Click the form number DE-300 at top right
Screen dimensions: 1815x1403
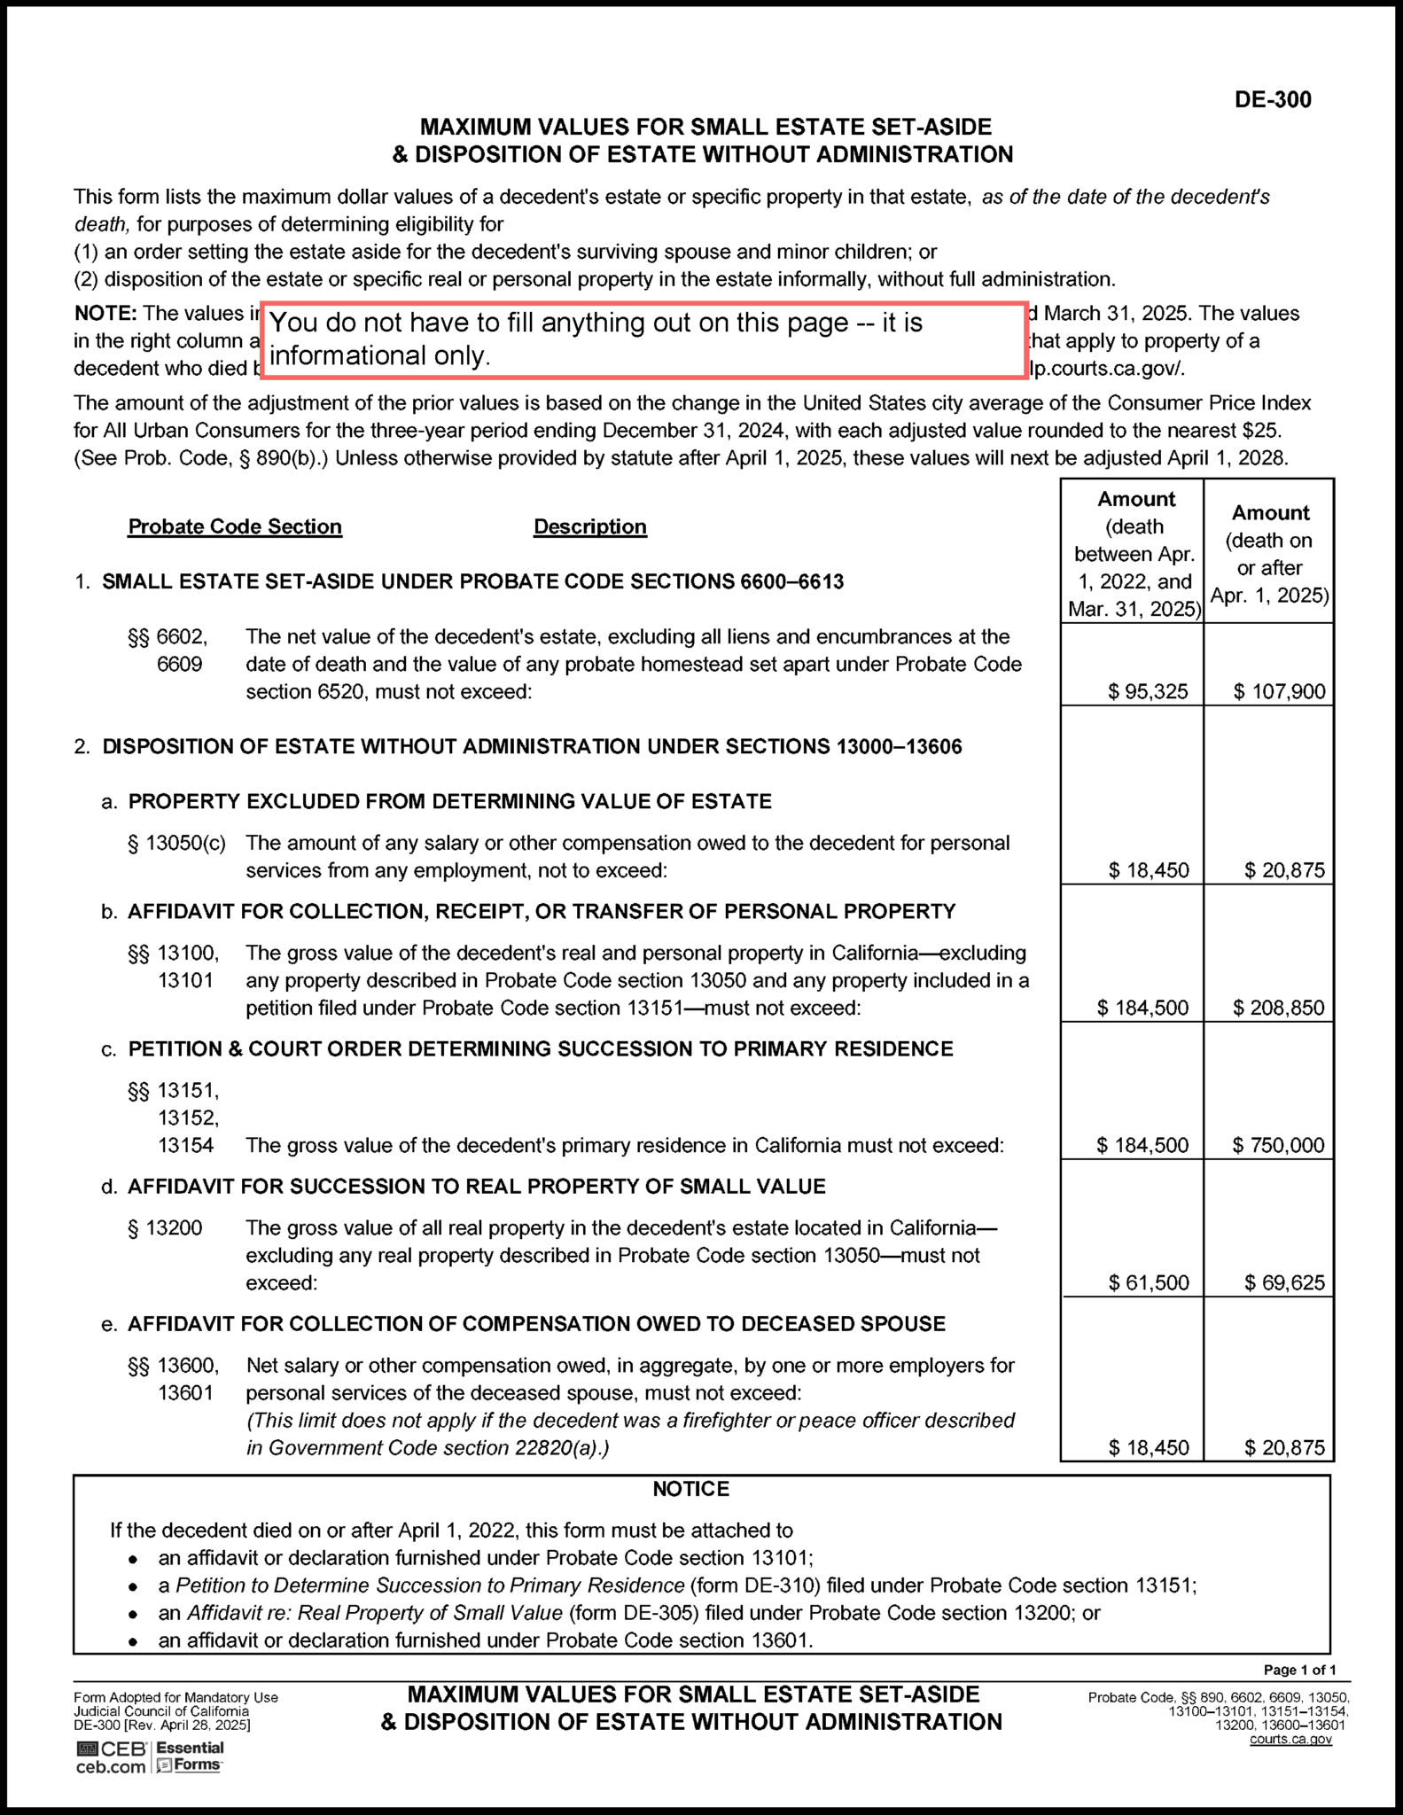pyautogui.click(x=1272, y=99)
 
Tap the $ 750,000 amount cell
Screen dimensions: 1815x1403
pyautogui.click(x=1278, y=1145)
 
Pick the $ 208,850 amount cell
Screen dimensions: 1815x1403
pyautogui.click(x=1278, y=1008)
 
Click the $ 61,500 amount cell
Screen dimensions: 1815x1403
pyautogui.click(x=1149, y=1282)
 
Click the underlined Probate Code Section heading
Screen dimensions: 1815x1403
pyautogui.click(x=235, y=526)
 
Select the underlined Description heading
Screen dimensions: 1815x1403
pyautogui.click(x=589, y=526)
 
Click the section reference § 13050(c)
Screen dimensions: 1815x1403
pyautogui.click(x=176, y=843)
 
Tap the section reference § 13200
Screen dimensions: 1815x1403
pyautogui.click(x=165, y=1227)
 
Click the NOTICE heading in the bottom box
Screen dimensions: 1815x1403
pyautogui.click(x=690, y=1489)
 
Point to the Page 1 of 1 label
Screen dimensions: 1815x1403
pyautogui.click(x=1298, y=1670)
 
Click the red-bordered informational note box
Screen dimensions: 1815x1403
pyautogui.click(x=643, y=339)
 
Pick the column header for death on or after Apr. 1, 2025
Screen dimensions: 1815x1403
pyautogui.click(x=1269, y=553)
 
